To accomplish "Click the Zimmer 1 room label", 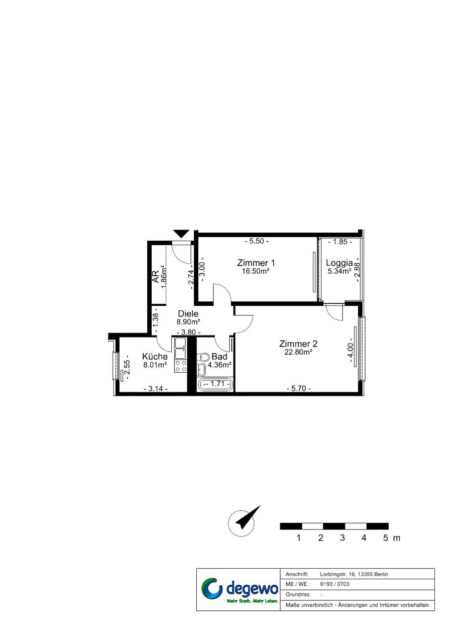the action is click(256, 263).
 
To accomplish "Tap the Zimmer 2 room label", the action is click(298, 344).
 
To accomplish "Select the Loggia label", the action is click(339, 263).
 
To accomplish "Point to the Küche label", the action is click(155, 357).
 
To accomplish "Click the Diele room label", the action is click(188, 313).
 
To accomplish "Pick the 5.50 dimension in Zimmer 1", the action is click(257, 241).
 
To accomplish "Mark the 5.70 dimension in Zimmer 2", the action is click(299, 389).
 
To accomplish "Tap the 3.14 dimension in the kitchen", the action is click(156, 389).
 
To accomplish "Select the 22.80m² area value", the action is click(298, 352).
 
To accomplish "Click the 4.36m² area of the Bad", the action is click(220, 365).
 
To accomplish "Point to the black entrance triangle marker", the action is click(181, 234).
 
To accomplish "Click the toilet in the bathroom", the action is click(203, 357).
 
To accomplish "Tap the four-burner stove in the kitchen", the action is click(180, 366).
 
